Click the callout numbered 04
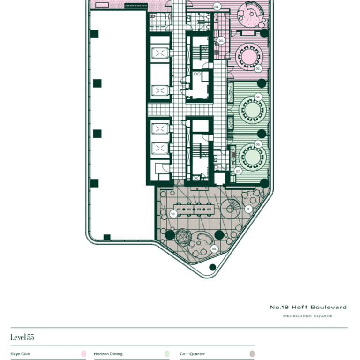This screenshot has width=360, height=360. [217, 7]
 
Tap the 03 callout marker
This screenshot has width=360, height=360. [221, 41]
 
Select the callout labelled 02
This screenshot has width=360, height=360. [258, 68]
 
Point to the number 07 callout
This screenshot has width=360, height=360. [238, 172]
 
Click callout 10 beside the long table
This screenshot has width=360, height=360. [173, 214]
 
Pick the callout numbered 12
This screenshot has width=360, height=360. [248, 209]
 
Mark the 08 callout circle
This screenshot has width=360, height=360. [214, 249]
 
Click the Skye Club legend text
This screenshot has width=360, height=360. [20, 354]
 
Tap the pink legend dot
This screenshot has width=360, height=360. [84, 354]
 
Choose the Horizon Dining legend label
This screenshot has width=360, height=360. [108, 354]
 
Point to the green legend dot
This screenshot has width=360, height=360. [167, 354]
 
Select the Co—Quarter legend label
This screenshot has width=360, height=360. [192, 354]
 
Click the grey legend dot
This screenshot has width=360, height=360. [252, 354]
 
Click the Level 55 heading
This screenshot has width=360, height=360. [22, 337]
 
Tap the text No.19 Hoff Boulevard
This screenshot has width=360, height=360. [308, 307]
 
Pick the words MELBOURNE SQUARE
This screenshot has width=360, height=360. [308, 316]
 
